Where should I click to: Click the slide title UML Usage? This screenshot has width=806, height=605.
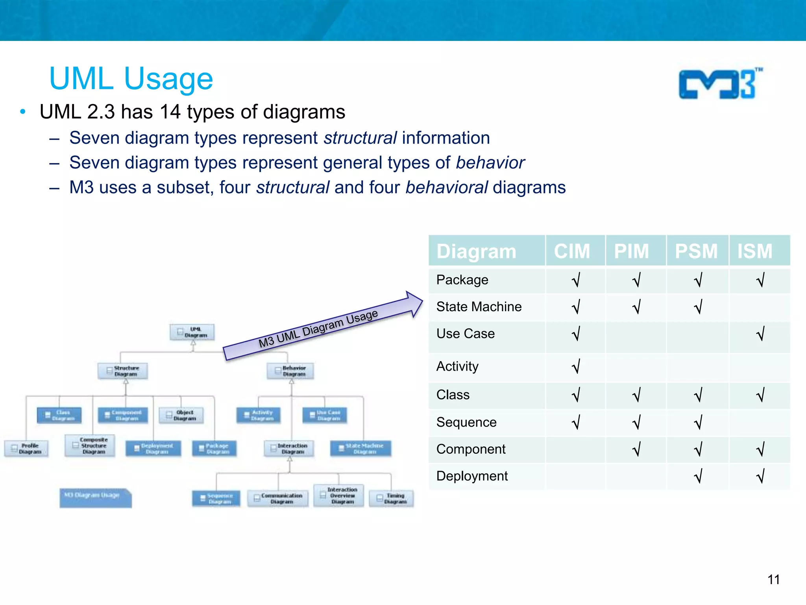pyautogui.click(x=131, y=79)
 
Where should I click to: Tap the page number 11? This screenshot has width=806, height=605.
pyautogui.click(x=773, y=579)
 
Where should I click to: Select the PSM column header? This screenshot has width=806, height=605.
pyautogui.click(x=696, y=251)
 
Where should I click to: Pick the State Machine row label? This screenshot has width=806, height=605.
pyautogui.click(x=479, y=306)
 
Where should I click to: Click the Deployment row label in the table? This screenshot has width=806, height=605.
pyautogui.click(x=472, y=476)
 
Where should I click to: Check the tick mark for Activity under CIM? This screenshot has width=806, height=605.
pyautogui.click(x=576, y=366)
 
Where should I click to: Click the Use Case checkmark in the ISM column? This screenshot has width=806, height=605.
pyautogui.click(x=760, y=334)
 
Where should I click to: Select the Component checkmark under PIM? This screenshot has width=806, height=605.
pyautogui.click(x=636, y=449)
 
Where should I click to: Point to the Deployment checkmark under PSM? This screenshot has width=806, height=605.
pyautogui.click(x=698, y=476)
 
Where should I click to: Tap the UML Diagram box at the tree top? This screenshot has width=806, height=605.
pyautogui.click(x=192, y=332)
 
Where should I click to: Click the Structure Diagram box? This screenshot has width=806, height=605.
pyautogui.click(x=123, y=371)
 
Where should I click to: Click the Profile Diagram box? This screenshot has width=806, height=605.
pyautogui.click(x=26, y=448)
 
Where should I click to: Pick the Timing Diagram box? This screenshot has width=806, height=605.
pyautogui.click(x=391, y=498)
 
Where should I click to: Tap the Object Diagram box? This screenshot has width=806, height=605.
pyautogui.click(x=181, y=415)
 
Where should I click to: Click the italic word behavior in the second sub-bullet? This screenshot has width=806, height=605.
pyautogui.click(x=490, y=163)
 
